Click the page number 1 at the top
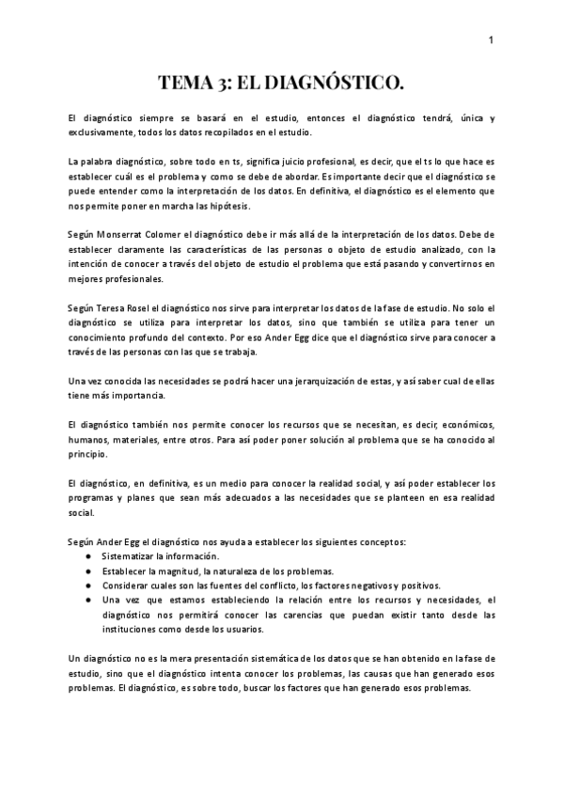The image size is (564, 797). [492, 39]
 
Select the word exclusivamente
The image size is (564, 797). [99, 133]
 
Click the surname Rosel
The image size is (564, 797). [149, 306]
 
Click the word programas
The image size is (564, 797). [97, 498]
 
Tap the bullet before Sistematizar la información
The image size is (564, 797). [87, 556]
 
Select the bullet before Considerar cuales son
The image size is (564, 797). [87, 585]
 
